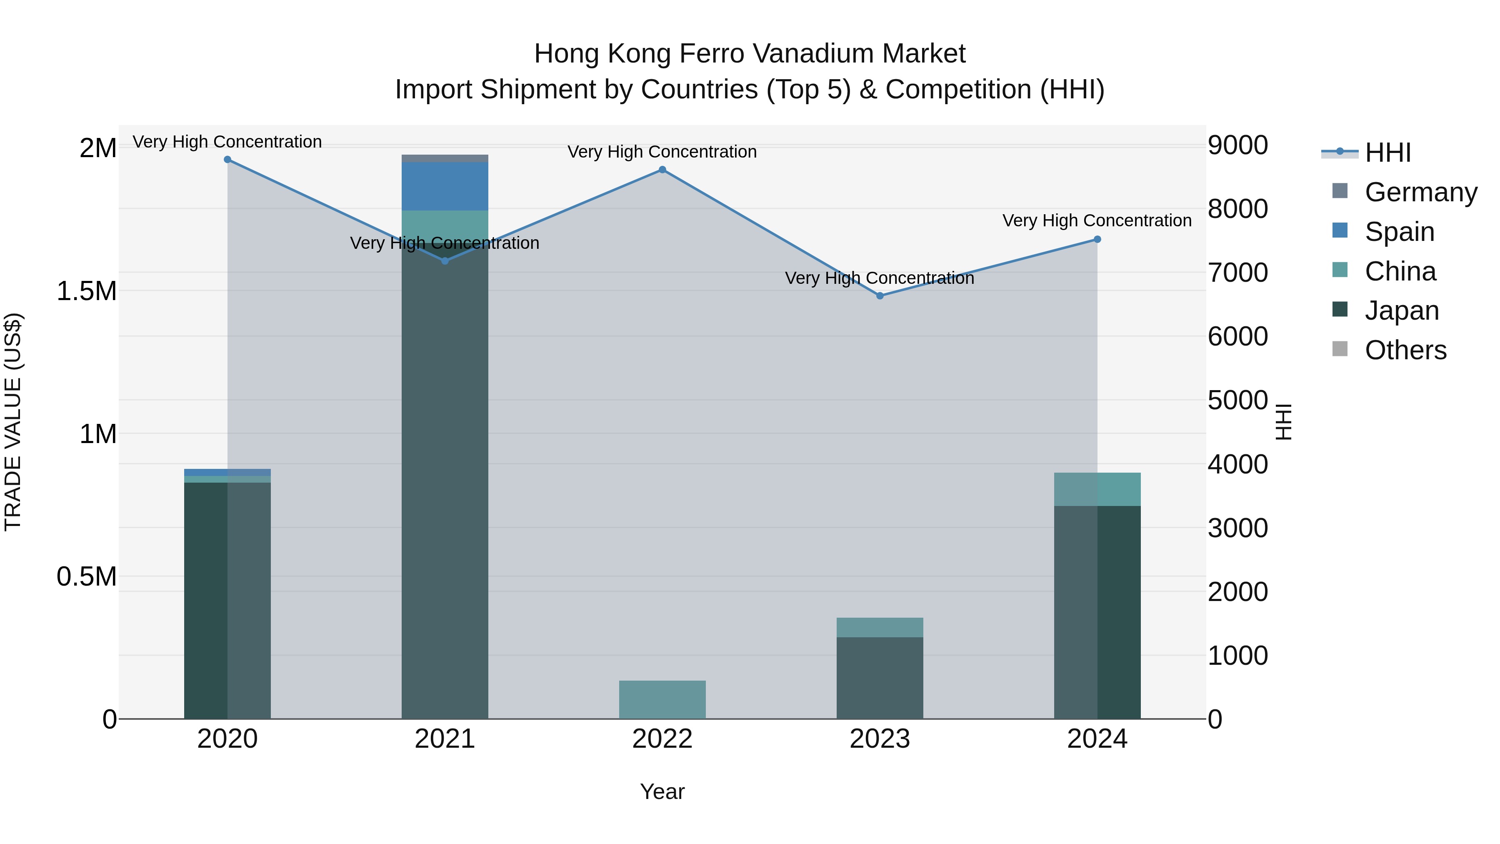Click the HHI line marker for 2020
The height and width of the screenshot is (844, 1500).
click(x=227, y=160)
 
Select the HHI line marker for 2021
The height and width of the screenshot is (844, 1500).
click(x=445, y=261)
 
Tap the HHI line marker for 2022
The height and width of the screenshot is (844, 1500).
click(x=662, y=170)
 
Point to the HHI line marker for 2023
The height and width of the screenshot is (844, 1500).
click(x=880, y=296)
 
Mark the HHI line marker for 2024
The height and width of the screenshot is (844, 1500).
click(x=1097, y=239)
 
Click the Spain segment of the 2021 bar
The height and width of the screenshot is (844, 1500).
click(x=445, y=186)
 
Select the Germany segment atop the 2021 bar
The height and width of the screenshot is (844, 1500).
click(x=445, y=158)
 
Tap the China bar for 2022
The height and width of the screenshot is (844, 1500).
click(x=662, y=699)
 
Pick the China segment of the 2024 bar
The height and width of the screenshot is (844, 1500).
click(x=1097, y=489)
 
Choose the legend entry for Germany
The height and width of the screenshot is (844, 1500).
click(x=1421, y=192)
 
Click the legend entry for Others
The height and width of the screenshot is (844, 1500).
click(x=1405, y=351)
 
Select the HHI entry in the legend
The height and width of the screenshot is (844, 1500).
click(x=1387, y=153)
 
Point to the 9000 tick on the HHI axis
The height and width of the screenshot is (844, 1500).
click(x=1237, y=145)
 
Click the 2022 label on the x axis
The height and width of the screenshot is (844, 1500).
click(x=662, y=739)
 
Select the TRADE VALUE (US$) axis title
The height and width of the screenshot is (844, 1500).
click(x=13, y=422)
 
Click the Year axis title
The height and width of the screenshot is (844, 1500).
click(x=662, y=791)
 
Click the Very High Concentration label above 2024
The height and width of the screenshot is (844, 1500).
click(x=1097, y=221)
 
